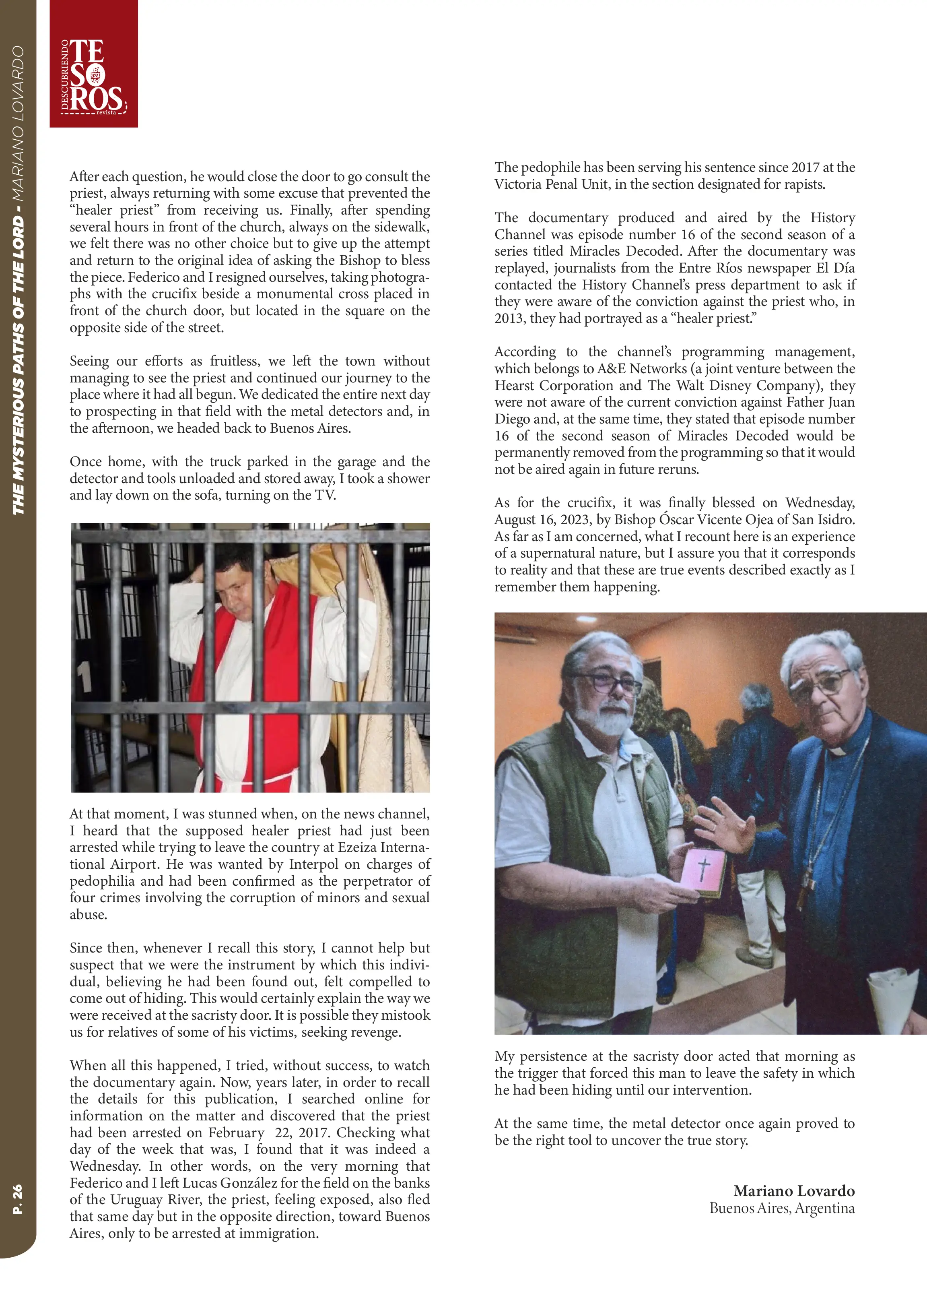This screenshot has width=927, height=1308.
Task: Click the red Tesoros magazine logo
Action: click(x=94, y=64)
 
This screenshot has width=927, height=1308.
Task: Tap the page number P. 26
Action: click(x=18, y=1199)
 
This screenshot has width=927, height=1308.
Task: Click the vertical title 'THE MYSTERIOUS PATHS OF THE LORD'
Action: click(x=18, y=366)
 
